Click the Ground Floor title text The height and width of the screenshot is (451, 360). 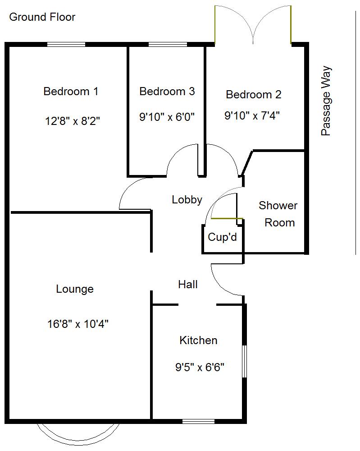click(42, 17)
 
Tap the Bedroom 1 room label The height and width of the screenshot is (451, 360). click(71, 92)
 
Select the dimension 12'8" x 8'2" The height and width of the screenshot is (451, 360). click(72, 121)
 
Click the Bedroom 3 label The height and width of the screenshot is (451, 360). click(167, 92)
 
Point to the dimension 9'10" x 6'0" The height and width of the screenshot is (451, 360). click(167, 117)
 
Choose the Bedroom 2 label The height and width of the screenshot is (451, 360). click(253, 95)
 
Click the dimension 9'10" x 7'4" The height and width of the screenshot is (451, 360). click(252, 115)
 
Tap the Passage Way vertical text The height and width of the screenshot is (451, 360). click(326, 101)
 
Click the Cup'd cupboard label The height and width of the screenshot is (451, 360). click(222, 237)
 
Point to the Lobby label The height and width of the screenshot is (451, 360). click(187, 200)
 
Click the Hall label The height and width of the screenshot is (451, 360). click(188, 285)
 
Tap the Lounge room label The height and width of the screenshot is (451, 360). click(75, 289)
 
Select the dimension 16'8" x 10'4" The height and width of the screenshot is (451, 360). click(77, 323)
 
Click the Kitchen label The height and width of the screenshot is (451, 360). click(198, 341)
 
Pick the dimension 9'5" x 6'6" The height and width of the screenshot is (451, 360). click(200, 368)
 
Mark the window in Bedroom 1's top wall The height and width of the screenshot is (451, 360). click(66, 44)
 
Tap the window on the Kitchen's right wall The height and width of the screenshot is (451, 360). click(244, 362)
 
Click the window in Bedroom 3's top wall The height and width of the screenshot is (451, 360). click(168, 44)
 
